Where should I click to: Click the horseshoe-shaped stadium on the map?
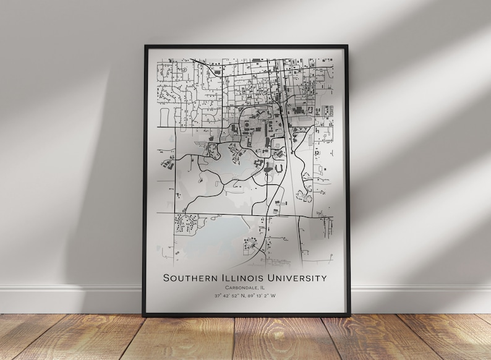[280, 167]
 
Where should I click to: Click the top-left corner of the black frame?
[145, 46]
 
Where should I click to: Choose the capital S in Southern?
[166, 278]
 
